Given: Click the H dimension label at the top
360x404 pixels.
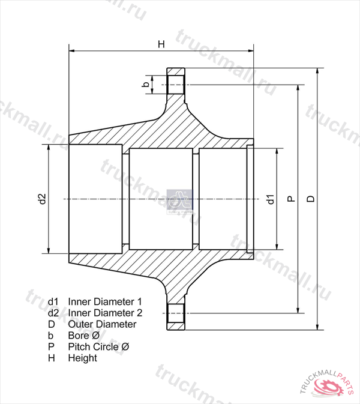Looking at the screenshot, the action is click(161, 44).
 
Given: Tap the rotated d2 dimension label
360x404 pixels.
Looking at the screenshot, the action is click(42, 199).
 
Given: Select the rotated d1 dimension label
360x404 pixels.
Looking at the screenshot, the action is click(271, 199).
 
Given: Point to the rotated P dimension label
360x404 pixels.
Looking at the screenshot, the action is click(291, 199).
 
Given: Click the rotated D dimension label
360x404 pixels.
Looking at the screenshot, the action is click(311, 199).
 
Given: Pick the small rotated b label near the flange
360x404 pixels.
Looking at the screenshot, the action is click(146, 84).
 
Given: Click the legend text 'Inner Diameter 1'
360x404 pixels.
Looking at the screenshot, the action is click(105, 301).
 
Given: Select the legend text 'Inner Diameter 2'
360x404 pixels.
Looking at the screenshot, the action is click(105, 313).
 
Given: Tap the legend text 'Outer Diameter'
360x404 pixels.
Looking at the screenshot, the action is click(102, 324).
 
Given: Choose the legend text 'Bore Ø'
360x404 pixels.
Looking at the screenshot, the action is click(83, 336).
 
